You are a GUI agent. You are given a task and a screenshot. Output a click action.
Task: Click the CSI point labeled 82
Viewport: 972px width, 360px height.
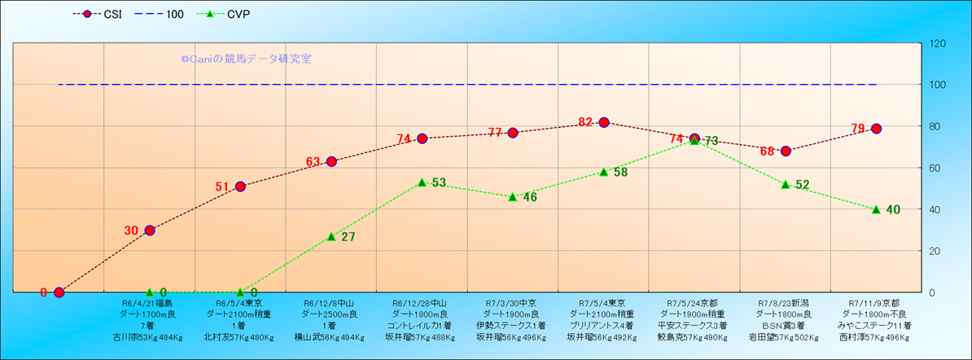click(x=604, y=122)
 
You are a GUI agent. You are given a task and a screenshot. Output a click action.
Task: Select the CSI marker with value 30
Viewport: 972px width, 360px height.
click(x=150, y=230)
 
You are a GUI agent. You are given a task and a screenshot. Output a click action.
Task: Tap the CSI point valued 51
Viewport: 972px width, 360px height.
click(x=240, y=187)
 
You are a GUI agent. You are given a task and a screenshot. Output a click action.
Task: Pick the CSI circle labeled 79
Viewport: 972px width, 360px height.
click(x=876, y=129)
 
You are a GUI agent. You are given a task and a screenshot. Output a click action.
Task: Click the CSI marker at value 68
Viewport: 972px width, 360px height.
click(x=786, y=151)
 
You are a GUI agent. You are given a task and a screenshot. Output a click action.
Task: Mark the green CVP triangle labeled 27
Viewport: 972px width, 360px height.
click(x=331, y=236)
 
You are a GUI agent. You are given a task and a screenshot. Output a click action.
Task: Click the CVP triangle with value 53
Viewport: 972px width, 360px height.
click(x=422, y=182)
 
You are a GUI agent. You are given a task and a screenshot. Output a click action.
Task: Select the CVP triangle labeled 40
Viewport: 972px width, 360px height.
click(x=876, y=209)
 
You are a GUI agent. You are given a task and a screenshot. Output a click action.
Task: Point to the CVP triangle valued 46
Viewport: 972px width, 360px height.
click(x=513, y=197)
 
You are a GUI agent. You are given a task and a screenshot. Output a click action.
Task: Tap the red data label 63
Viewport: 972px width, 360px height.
click(x=313, y=161)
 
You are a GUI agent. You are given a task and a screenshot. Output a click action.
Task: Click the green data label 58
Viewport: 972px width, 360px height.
click(x=620, y=172)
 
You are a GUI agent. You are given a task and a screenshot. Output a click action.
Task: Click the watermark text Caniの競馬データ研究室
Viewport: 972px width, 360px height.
click(x=246, y=59)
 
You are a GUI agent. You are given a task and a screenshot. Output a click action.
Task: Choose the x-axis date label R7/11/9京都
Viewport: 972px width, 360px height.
click(x=875, y=302)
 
